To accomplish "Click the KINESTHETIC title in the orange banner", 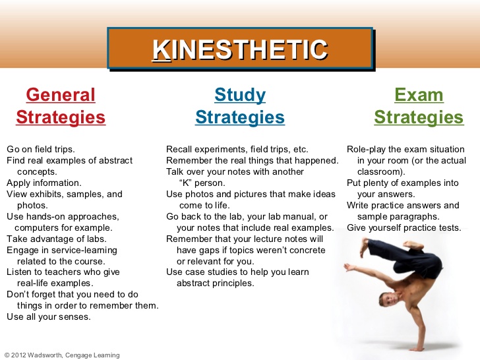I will [x=240, y=49].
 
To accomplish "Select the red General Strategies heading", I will [x=61, y=106].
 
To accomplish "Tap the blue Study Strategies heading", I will [x=240, y=106].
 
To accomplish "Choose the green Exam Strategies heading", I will [x=419, y=106].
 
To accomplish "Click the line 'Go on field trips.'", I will [x=41, y=149].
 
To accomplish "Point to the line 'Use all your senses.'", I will [x=49, y=316].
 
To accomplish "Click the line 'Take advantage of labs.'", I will [x=57, y=239].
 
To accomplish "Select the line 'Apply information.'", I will [x=44, y=183].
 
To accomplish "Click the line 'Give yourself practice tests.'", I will [x=404, y=228].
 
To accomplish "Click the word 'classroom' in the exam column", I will [x=382, y=171].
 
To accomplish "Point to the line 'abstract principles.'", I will [x=215, y=283].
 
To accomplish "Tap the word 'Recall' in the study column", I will [x=179, y=149].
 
